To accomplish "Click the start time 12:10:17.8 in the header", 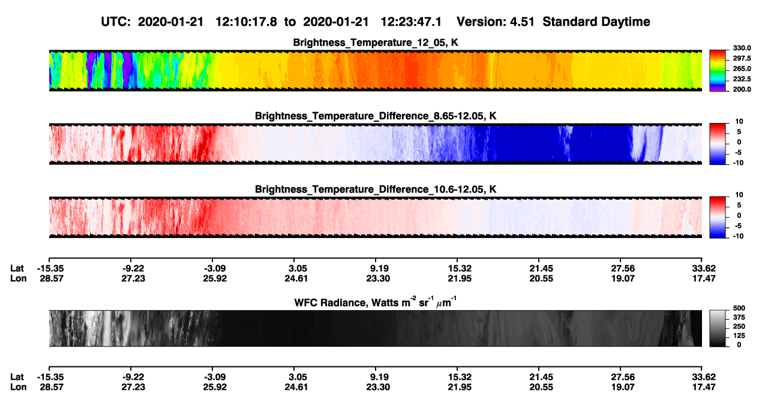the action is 246,22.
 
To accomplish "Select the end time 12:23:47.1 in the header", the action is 411,22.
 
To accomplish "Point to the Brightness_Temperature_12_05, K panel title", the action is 376,43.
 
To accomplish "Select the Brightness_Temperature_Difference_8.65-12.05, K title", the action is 376,116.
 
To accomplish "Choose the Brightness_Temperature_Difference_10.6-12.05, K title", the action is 376,190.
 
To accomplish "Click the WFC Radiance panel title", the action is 376,302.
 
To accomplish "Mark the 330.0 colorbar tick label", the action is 742,48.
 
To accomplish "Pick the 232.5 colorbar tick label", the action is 742,79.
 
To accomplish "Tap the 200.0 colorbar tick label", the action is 742,89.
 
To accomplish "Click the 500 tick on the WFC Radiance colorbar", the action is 739,308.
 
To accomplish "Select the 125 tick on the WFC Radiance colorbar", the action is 739,336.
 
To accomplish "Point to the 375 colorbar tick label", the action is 739,317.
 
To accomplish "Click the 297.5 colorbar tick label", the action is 742,59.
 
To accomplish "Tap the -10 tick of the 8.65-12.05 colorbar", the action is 739,163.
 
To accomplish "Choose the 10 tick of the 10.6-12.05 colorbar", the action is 739,195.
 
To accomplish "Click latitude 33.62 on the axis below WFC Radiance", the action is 704,377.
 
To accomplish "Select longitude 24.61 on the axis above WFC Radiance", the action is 296,278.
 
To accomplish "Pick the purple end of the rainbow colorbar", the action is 718,89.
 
